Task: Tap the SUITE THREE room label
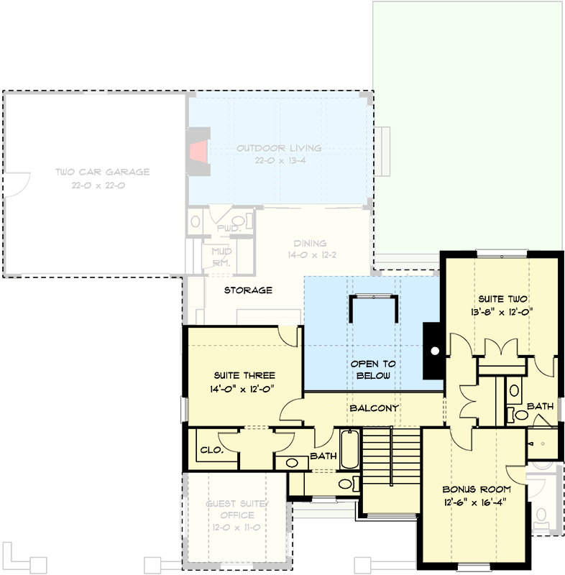244,375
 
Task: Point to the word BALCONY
374,408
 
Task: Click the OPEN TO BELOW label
373,369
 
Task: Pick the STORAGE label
247,290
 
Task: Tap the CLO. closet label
210,450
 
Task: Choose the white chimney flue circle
434,352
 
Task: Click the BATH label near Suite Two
540,406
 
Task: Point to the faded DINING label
310,243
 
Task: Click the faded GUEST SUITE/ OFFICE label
236,510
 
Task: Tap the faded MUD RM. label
219,257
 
